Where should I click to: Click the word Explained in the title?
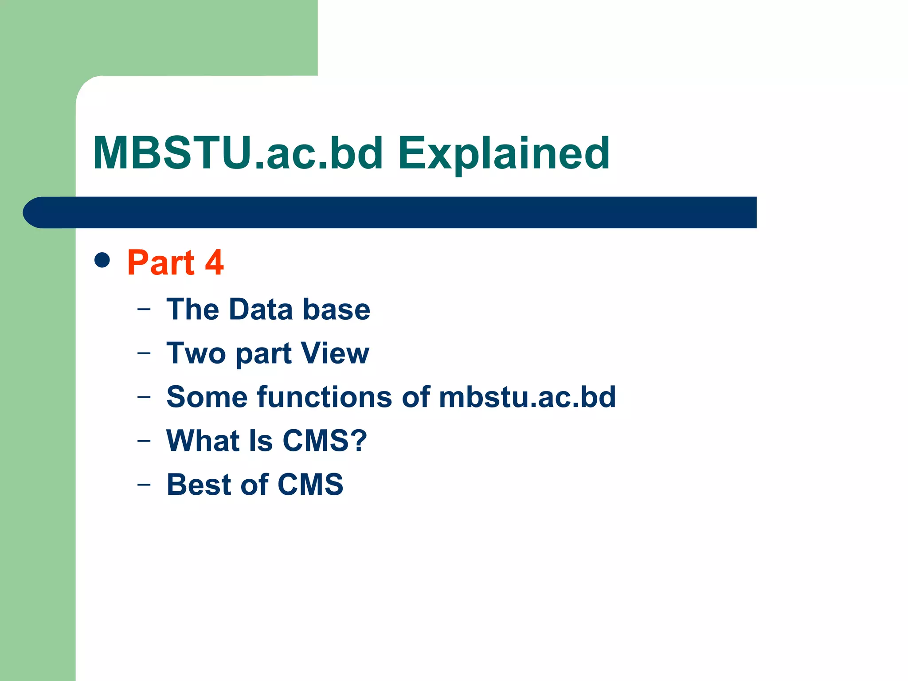pyautogui.click(x=504, y=154)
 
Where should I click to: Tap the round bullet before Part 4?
pyautogui.click(x=102, y=260)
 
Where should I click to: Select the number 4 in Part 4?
pyautogui.click(x=214, y=262)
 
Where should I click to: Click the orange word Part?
pyautogui.click(x=160, y=262)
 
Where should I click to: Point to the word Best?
pyautogui.click(x=198, y=484)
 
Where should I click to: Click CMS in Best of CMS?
pyautogui.click(x=310, y=484)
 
